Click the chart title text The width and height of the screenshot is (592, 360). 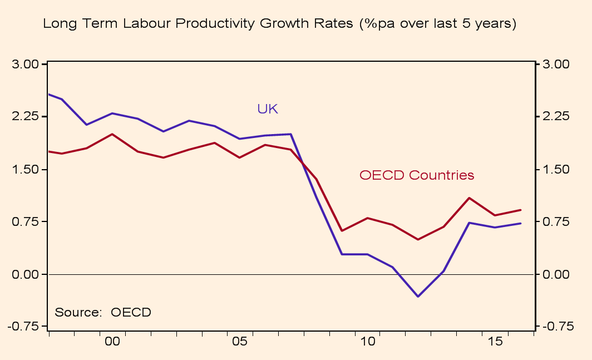[279, 24]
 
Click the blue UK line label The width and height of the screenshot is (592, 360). [267, 109]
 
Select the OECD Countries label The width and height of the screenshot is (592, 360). [417, 175]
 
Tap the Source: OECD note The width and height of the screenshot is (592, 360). [103, 312]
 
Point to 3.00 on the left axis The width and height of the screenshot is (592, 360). [26, 65]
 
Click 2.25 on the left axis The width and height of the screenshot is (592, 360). [26, 117]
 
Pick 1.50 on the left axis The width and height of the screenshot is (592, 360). [26, 169]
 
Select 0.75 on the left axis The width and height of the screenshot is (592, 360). [26, 221]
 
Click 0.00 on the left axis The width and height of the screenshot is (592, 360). [26, 274]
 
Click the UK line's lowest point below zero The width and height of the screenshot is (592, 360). [418, 296]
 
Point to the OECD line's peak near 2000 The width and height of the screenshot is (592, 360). [112, 134]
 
